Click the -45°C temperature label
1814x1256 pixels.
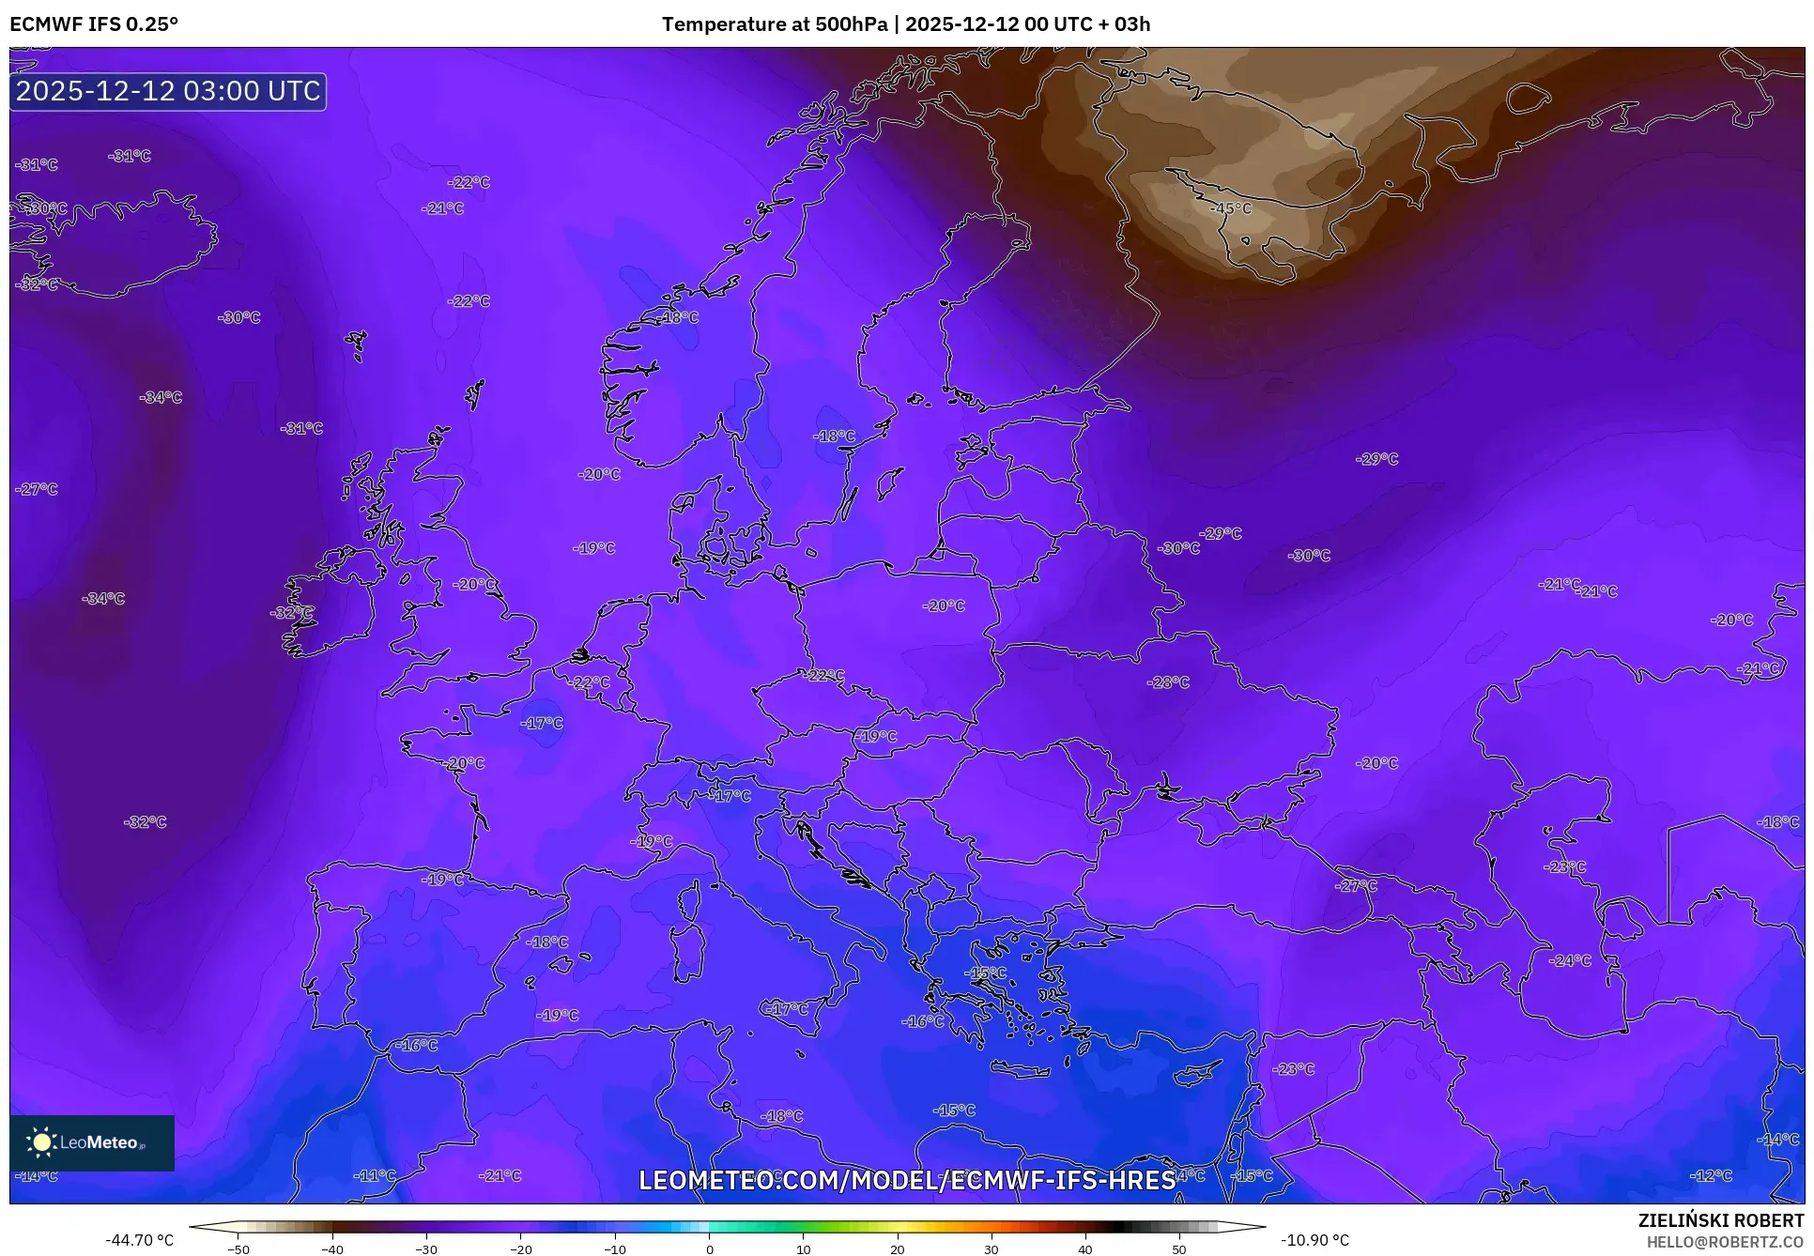tap(1232, 208)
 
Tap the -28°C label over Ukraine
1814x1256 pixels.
tap(1168, 682)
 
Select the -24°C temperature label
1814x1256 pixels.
tap(1570, 960)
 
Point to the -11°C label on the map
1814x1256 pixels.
tap(375, 1175)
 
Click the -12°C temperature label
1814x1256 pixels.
tap(1711, 1175)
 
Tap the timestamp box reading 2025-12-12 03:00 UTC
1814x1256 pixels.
tap(168, 91)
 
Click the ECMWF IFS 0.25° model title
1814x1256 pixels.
tap(94, 23)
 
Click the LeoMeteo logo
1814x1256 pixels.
tap(91, 1142)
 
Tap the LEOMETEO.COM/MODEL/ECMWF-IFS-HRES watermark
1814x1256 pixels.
tap(906, 1180)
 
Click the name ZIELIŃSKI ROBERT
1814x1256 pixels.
tap(1720, 1220)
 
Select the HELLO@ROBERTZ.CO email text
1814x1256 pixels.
tap(1725, 1242)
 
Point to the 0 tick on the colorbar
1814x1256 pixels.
tap(709, 1249)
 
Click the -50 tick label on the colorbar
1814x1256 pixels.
tap(238, 1249)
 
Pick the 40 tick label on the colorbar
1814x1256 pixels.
tap(1085, 1249)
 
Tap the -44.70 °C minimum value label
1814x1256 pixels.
tap(139, 1240)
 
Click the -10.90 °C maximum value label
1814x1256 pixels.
tap(1314, 1240)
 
